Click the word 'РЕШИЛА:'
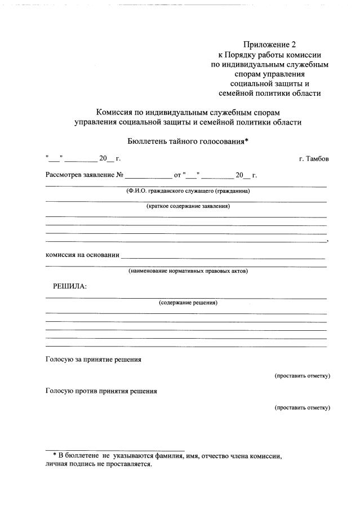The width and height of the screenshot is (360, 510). (x=70, y=286)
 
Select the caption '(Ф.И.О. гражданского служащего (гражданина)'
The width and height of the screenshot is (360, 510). (x=188, y=191)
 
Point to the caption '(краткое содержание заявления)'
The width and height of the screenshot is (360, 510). (x=188, y=206)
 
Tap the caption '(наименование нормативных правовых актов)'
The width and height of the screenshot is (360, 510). (x=188, y=271)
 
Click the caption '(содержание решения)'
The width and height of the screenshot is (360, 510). (x=188, y=303)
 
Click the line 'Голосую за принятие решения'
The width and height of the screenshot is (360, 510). (x=93, y=359)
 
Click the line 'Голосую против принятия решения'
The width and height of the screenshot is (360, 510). (x=101, y=391)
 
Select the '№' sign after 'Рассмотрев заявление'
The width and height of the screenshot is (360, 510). (x=119, y=175)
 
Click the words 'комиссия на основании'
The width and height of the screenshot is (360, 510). (x=82, y=255)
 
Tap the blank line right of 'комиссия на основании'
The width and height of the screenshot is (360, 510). (x=223, y=257)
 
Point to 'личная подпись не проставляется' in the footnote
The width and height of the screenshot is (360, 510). (x=99, y=464)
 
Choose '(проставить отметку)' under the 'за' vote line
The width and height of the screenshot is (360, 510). (x=302, y=375)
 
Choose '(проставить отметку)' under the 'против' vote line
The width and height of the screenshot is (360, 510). (x=302, y=407)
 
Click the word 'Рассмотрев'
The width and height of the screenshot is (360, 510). (x=63, y=175)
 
